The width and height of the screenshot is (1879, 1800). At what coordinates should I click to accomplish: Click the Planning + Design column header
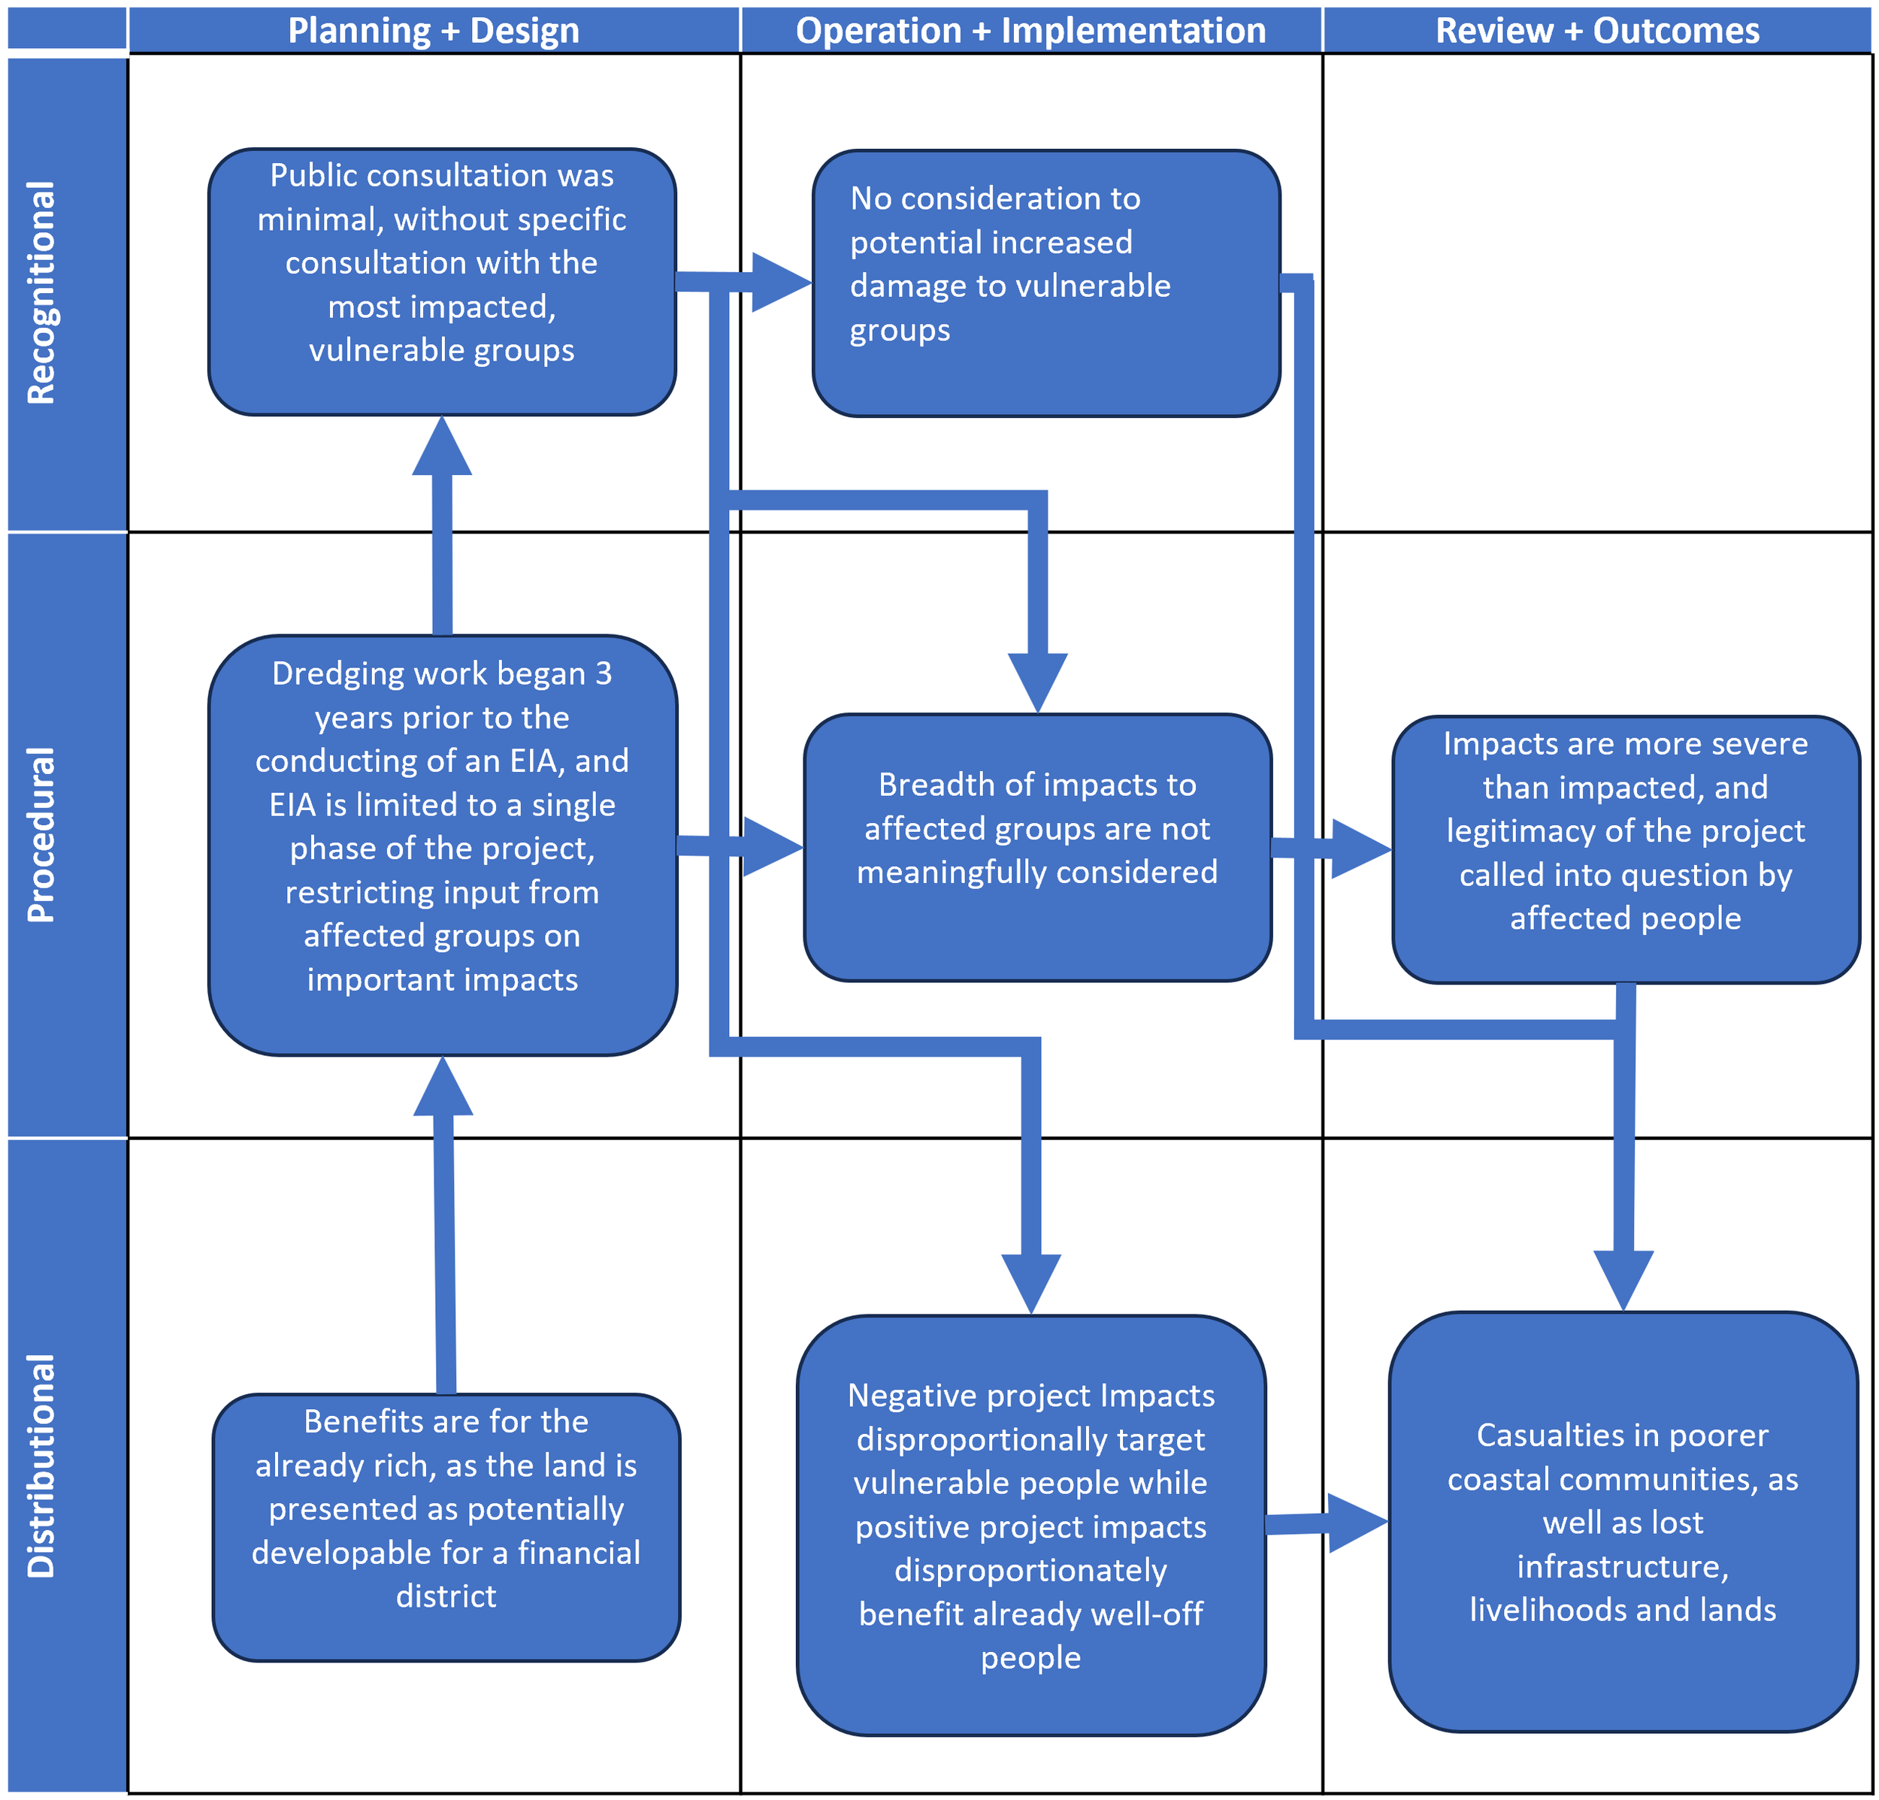[x=434, y=31]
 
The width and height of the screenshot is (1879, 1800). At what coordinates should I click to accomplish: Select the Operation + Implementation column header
[x=1030, y=31]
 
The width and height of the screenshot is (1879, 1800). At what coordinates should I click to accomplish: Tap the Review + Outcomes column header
[x=1597, y=31]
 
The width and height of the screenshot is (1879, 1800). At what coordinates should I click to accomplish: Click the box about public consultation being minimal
[x=442, y=281]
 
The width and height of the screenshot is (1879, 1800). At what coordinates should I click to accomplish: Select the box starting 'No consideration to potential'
[x=1046, y=283]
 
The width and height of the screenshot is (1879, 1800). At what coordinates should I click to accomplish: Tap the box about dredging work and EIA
[x=442, y=845]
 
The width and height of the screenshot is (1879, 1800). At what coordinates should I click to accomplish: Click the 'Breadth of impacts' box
[x=1037, y=847]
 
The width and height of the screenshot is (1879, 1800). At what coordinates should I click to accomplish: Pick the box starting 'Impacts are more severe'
[x=1625, y=849]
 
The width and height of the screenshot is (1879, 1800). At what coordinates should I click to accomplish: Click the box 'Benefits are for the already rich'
[x=446, y=1527]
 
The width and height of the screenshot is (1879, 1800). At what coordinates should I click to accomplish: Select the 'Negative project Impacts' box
[x=1030, y=1525]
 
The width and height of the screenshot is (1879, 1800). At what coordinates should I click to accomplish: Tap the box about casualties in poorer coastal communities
[x=1623, y=1521]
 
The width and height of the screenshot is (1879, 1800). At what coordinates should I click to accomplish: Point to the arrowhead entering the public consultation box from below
[x=442, y=448]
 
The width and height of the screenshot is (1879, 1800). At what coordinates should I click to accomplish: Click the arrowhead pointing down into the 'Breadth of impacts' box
[x=1037, y=682]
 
